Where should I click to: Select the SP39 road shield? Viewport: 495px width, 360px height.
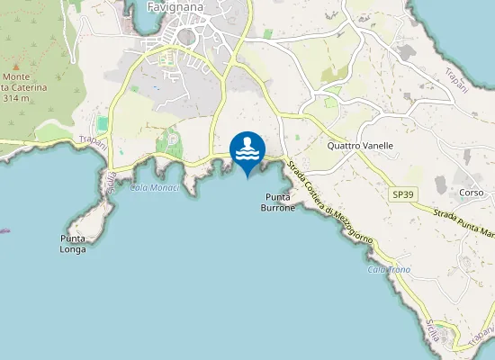coord(401,194)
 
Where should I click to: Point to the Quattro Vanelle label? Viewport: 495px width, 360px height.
coord(360,145)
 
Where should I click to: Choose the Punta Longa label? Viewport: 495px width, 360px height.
coord(73,243)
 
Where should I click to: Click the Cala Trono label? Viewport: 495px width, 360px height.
coord(389,269)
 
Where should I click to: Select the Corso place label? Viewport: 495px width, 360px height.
coord(472,193)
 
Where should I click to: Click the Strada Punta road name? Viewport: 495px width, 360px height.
coord(463,223)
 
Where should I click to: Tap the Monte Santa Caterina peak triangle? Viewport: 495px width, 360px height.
coord(15,66)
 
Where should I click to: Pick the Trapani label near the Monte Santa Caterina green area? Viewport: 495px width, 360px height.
coord(93,139)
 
